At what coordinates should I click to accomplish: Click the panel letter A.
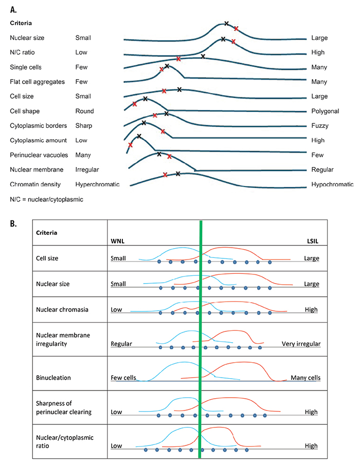point(13,8)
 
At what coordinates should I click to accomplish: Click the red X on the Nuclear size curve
point(236,29)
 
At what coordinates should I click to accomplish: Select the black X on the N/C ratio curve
point(223,39)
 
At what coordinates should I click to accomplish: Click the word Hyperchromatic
point(97,184)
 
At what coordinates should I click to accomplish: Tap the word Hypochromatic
point(332,184)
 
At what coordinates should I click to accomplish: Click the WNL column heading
point(119,241)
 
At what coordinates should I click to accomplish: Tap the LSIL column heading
point(311,241)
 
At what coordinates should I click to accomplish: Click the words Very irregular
point(301,344)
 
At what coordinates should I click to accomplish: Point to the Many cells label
point(305,378)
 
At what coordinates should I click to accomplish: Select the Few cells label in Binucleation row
point(123,378)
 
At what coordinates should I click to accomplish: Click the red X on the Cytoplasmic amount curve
point(130,145)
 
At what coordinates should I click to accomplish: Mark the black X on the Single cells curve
point(203,56)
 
